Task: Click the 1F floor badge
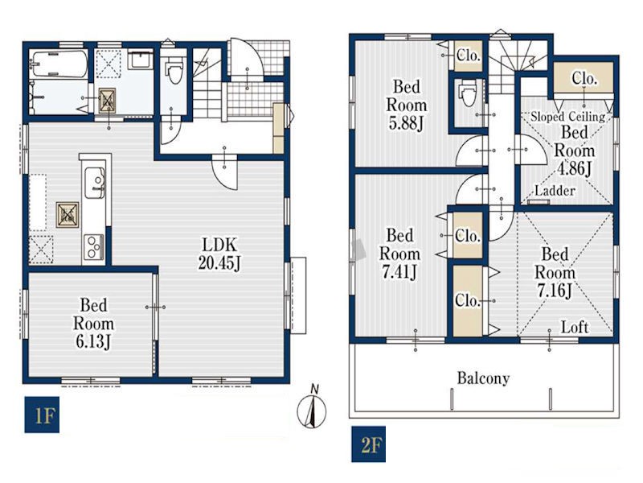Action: (42, 415)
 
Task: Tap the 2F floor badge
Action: (368, 444)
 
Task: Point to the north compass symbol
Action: (312, 407)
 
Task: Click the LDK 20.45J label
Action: (219, 254)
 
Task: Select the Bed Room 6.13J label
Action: (93, 324)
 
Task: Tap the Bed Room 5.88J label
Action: (407, 105)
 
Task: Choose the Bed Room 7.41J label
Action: (399, 254)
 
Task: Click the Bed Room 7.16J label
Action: (555, 272)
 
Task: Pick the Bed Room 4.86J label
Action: (575, 151)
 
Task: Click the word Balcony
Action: (484, 378)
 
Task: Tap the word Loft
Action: (575, 327)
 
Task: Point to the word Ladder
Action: (555, 191)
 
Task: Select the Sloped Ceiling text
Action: (568, 117)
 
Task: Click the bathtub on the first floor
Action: (59, 64)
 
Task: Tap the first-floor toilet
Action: (174, 70)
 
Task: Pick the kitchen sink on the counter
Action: (95, 184)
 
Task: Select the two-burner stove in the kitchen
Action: (93, 246)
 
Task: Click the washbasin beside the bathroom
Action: (140, 60)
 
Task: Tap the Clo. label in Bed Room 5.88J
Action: (468, 55)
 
